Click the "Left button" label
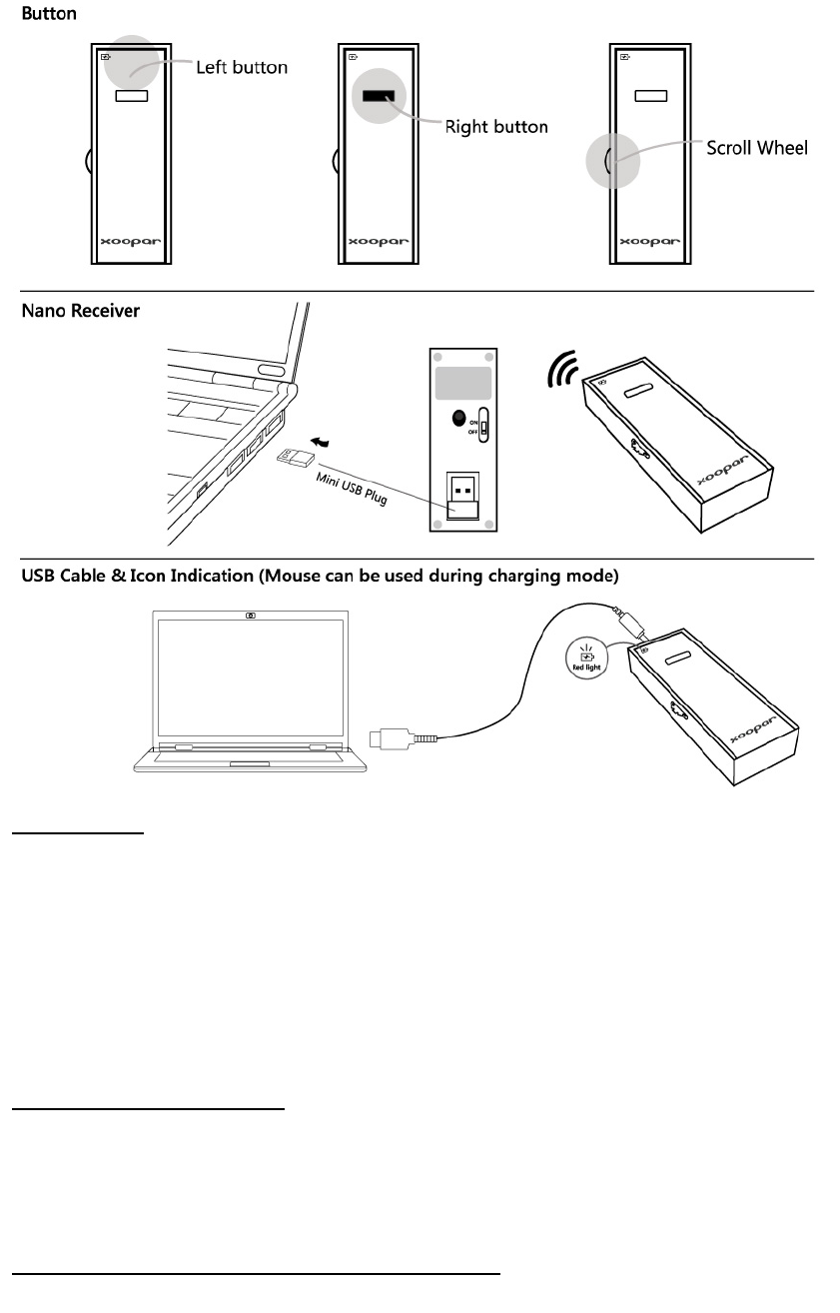tap(241, 68)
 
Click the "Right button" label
tap(496, 127)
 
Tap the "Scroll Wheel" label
tap(756, 148)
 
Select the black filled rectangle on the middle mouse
tap(379, 96)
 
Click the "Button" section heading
tap(49, 15)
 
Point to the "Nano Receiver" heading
tap(81, 311)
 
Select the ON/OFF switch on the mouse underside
tap(482, 425)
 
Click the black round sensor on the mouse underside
tap(457, 420)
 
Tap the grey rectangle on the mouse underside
tap(460, 383)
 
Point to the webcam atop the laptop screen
tap(250, 614)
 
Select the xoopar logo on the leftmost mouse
tap(130, 242)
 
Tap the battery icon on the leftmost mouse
tap(105, 57)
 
